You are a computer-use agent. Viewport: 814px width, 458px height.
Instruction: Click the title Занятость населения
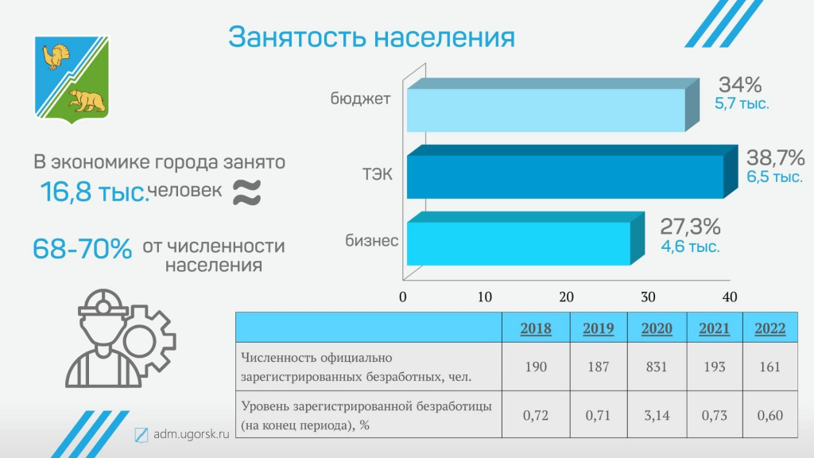372,37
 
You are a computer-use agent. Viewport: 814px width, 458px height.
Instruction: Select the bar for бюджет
553,105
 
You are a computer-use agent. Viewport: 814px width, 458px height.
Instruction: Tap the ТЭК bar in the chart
572,172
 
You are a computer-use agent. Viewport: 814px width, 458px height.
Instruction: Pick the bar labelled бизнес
525,239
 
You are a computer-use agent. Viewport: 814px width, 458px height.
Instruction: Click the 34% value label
740,84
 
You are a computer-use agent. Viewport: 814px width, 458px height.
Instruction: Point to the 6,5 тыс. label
774,177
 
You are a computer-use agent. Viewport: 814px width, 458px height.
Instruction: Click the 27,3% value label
690,227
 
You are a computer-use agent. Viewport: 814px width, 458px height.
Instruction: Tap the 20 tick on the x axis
566,297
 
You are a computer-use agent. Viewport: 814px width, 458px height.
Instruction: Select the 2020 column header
657,328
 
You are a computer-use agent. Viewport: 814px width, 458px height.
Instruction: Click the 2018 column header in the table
536,328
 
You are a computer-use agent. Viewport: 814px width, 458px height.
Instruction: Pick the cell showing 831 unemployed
657,367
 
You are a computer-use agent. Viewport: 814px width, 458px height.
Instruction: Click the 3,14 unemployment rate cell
657,415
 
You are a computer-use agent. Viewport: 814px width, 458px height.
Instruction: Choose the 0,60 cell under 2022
769,415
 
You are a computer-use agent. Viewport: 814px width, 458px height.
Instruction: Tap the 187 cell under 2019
598,367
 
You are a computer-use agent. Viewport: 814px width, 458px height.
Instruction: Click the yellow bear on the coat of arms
87,101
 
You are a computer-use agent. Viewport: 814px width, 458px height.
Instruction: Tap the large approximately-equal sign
246,192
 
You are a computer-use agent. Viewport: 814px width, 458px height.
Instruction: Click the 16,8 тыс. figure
94,192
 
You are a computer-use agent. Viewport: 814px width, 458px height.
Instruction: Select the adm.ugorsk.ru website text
191,434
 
